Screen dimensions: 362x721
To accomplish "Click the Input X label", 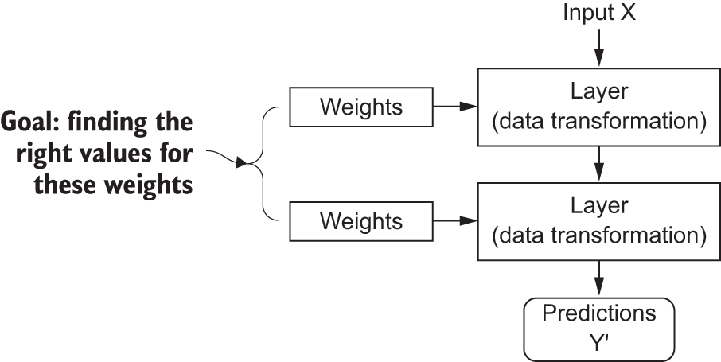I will (598, 14).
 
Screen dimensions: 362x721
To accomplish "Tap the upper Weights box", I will (360, 106).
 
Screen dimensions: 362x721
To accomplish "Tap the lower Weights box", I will (360, 220).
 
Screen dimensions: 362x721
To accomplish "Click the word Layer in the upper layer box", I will (598, 91).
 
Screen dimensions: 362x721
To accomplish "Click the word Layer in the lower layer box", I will (598, 206).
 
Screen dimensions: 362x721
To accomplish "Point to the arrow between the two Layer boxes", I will (598, 164).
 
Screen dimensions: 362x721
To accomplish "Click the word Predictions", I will (598, 313).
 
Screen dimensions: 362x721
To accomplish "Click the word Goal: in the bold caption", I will (28, 124).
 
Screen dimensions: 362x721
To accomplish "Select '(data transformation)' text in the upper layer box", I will (598, 122).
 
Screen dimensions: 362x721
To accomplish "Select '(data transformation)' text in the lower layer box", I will (598, 236).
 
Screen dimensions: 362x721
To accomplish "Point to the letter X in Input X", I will (628, 14).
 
